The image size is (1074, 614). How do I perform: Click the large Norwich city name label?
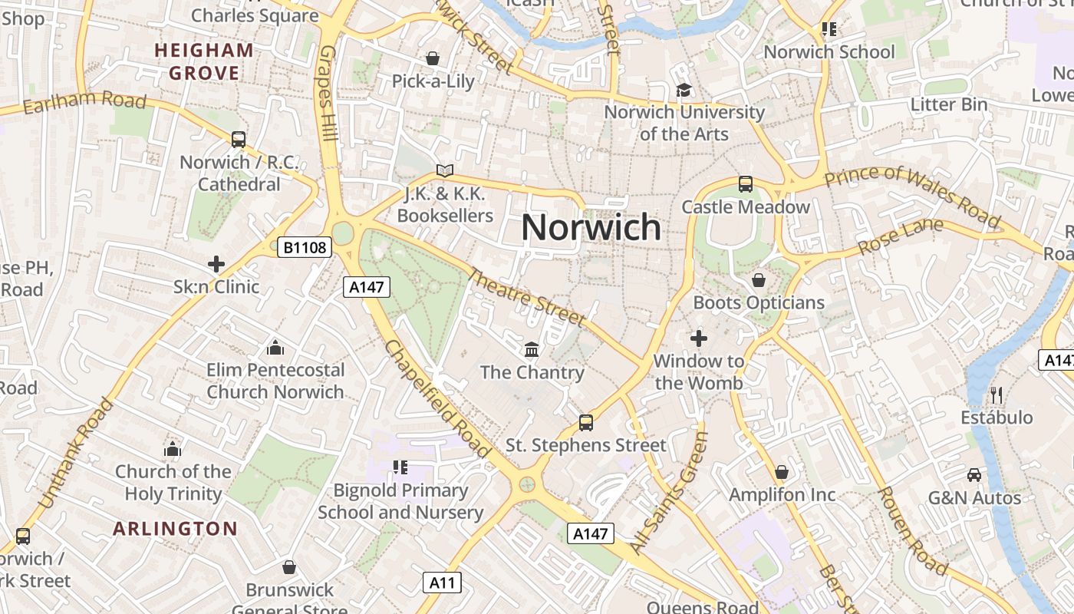591,227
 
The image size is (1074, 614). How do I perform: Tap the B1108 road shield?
305,247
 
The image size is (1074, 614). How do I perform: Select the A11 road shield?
443,583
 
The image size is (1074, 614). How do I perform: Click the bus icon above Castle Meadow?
746,184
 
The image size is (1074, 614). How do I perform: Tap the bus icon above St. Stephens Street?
586,422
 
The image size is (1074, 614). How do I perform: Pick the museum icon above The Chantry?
531,350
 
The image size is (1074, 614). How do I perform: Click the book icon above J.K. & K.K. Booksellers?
445,170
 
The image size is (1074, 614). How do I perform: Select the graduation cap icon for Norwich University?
684,91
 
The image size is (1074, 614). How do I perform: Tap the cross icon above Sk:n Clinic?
216,264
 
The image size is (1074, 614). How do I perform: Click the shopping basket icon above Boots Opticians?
759,280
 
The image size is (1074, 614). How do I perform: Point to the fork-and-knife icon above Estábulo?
997,395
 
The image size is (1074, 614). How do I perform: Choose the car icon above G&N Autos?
974,475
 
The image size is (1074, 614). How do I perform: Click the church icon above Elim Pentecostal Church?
275,348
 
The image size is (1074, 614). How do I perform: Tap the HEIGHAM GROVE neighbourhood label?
204,61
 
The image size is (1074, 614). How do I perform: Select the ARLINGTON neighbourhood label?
176,529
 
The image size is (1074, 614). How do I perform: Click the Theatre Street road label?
527,296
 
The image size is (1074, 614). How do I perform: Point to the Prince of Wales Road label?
913,195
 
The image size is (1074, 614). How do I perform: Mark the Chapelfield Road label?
437,398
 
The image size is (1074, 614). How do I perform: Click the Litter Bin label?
949,104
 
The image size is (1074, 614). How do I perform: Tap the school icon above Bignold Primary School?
400,467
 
